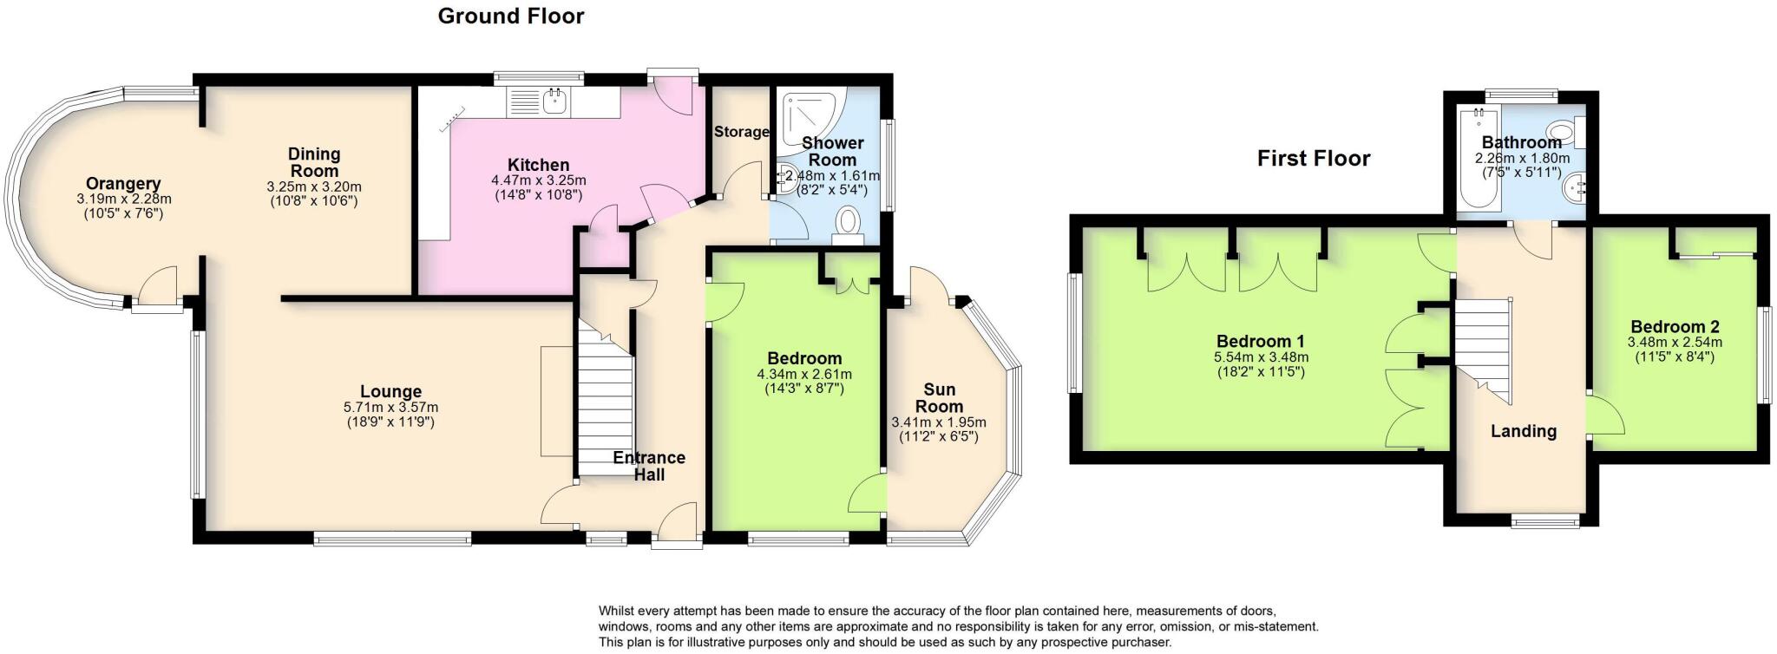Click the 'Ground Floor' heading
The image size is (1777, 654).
510,16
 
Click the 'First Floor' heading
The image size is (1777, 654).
1313,159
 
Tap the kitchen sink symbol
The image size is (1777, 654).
554,101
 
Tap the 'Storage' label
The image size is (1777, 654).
741,132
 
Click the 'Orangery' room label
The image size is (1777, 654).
122,184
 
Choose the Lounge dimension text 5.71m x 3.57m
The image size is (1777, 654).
390,408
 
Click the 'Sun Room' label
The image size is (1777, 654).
939,398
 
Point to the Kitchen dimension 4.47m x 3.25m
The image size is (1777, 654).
538,180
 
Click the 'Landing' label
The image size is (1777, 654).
1523,431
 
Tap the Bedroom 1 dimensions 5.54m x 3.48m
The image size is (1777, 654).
1261,357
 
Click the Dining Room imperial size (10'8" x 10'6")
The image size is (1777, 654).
313,201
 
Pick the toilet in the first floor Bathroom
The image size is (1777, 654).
1563,134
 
